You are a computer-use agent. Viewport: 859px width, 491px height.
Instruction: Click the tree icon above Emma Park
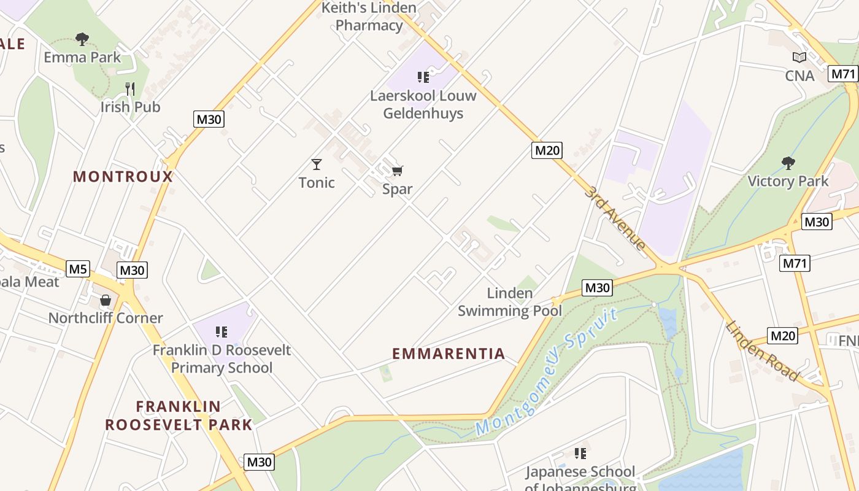pyautogui.click(x=82, y=39)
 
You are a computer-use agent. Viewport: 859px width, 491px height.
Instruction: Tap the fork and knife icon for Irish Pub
pyautogui.click(x=130, y=89)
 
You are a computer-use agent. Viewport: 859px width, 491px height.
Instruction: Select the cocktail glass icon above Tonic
pyautogui.click(x=317, y=164)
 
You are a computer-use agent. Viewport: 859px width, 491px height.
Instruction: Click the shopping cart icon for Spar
pyautogui.click(x=398, y=171)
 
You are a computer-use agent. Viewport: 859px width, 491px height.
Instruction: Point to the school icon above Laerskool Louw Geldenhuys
pyautogui.click(x=423, y=77)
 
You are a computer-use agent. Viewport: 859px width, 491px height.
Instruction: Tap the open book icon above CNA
pyautogui.click(x=799, y=58)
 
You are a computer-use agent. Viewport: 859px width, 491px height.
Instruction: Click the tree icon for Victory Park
pyautogui.click(x=788, y=163)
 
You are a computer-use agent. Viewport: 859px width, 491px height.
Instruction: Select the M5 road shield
pyautogui.click(x=78, y=268)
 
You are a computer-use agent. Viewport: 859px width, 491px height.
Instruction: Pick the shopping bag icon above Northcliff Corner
pyautogui.click(x=106, y=300)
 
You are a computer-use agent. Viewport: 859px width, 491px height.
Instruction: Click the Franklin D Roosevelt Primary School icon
pyautogui.click(x=221, y=332)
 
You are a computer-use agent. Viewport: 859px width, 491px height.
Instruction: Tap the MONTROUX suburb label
pyautogui.click(x=123, y=177)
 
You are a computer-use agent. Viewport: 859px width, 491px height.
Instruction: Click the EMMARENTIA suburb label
pyautogui.click(x=449, y=354)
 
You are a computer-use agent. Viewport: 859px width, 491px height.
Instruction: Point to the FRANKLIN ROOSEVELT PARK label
pyautogui.click(x=179, y=416)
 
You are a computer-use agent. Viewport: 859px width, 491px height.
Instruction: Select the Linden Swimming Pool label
pyautogui.click(x=509, y=302)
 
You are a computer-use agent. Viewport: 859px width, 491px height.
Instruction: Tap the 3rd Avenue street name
pyautogui.click(x=615, y=218)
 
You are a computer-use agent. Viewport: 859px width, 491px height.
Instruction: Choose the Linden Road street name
pyautogui.click(x=763, y=350)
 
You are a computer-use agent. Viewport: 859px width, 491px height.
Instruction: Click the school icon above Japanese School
pyautogui.click(x=580, y=454)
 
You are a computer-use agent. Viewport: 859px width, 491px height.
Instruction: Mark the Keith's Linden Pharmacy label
pyautogui.click(x=369, y=17)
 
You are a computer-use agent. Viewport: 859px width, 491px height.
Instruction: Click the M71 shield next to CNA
pyautogui.click(x=842, y=74)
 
